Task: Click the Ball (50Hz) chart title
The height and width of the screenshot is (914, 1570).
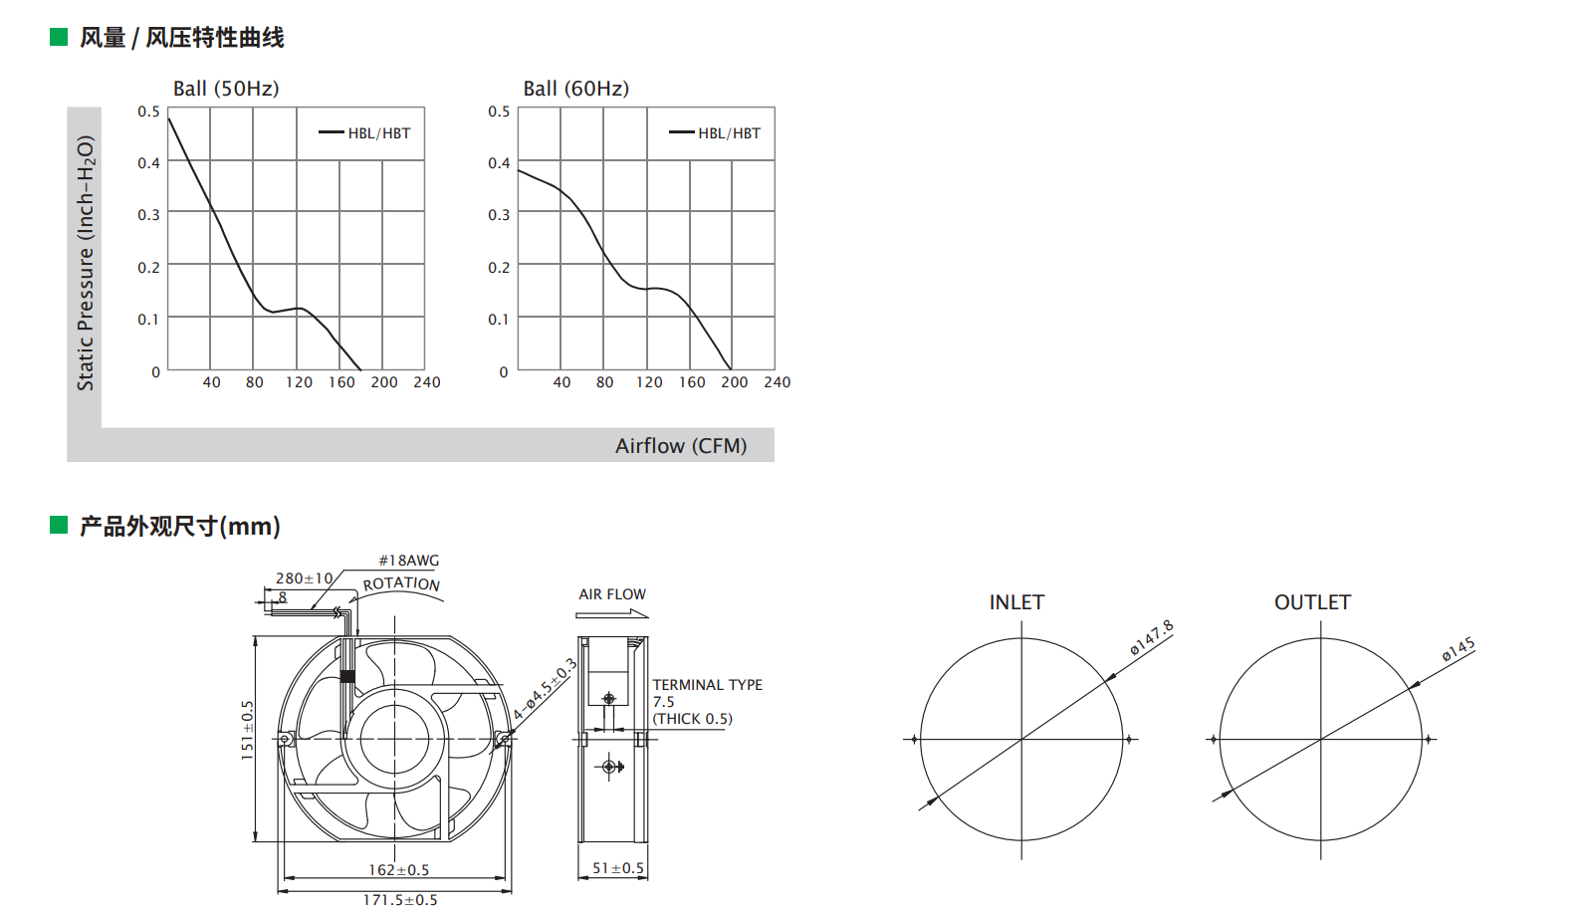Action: click(x=226, y=89)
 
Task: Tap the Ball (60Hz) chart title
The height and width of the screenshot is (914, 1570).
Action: click(x=576, y=89)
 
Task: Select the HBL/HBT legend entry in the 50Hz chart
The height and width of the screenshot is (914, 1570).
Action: click(x=364, y=133)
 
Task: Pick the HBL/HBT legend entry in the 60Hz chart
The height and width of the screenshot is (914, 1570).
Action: click(x=715, y=133)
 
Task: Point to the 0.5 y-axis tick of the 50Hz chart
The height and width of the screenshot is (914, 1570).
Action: click(x=148, y=112)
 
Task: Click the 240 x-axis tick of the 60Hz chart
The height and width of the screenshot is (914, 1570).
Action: click(x=778, y=382)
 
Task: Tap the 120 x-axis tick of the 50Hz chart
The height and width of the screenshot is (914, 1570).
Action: click(x=299, y=382)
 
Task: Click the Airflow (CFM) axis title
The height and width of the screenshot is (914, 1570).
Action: click(x=681, y=446)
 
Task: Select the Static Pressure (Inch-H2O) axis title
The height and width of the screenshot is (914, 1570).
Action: click(x=85, y=263)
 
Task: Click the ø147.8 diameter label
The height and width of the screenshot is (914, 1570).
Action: click(x=1152, y=638)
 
